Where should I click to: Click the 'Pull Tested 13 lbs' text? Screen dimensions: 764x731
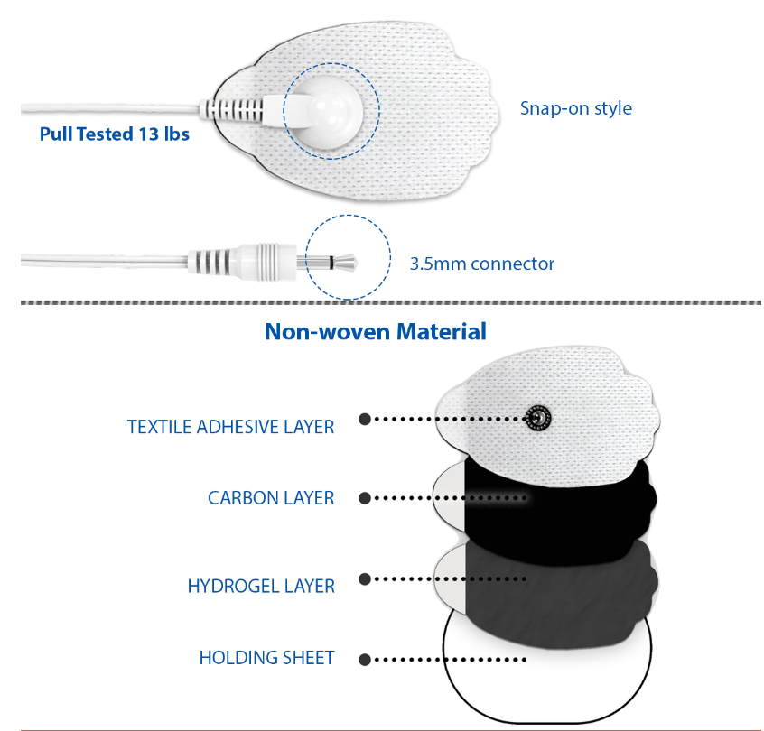click(115, 134)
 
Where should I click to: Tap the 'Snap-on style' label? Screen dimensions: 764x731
click(576, 108)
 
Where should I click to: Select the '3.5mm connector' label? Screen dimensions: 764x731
click(482, 264)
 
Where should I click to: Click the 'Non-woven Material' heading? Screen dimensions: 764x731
click(376, 331)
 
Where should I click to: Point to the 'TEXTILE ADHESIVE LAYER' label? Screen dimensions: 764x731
click(231, 427)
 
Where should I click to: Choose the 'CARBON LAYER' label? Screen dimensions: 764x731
click(271, 498)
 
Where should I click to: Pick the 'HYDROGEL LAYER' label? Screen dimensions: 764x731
click(261, 586)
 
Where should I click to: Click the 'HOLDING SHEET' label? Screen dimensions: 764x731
click(267, 658)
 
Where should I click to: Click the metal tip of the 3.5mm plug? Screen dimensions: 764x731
click(343, 263)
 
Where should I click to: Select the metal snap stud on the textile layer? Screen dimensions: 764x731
click(538, 418)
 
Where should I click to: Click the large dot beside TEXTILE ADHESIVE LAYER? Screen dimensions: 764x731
click(365, 419)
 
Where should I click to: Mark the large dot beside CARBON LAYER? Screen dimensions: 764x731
click(365, 498)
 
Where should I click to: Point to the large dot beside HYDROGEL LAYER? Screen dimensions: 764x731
click(365, 578)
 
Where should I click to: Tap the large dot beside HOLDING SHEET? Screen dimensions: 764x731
click(365, 660)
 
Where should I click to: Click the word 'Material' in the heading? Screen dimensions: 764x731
click(442, 331)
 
